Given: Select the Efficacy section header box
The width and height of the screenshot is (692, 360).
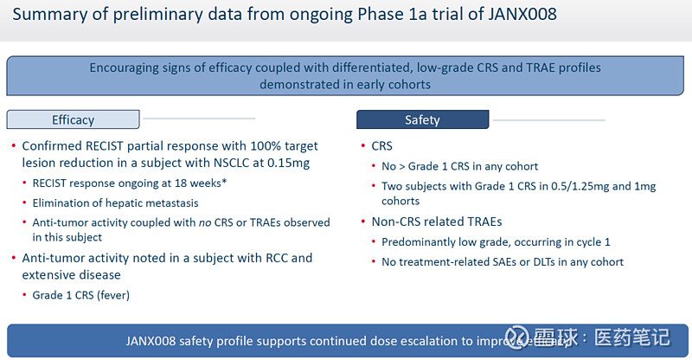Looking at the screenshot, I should pos(73,119).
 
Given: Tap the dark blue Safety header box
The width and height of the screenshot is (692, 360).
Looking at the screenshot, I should pos(422,119).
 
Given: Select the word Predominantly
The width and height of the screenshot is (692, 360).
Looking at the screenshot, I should pos(420,242).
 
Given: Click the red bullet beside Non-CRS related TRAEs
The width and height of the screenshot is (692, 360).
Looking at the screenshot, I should pos(362,222).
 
